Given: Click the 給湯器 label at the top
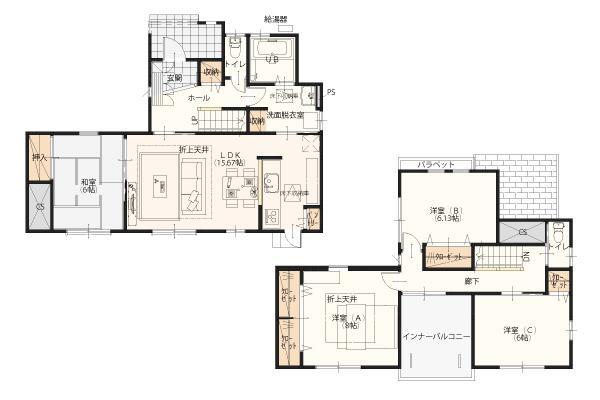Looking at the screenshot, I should pyautogui.click(x=275, y=18).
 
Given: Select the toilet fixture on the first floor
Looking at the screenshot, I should pyautogui.click(x=234, y=47).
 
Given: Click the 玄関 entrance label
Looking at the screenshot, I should pyautogui.click(x=174, y=77).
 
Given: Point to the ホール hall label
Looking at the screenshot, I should pyautogui.click(x=198, y=100).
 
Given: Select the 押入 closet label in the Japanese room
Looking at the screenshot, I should pyautogui.click(x=40, y=157).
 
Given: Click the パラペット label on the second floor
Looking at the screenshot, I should pyautogui.click(x=436, y=163).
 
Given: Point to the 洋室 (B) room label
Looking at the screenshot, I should pyautogui.click(x=446, y=214).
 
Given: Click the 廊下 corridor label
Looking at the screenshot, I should pyautogui.click(x=471, y=282).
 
